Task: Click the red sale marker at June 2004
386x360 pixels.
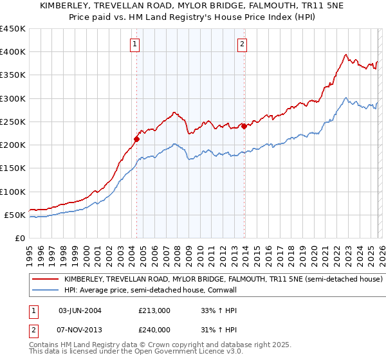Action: pyautogui.click(x=136, y=138)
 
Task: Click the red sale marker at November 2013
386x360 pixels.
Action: pyautogui.click(x=244, y=126)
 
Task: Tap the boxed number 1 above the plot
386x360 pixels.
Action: pyautogui.click(x=135, y=44)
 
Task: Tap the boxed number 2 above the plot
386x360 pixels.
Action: pyautogui.click(x=242, y=44)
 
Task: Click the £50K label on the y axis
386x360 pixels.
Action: pyautogui.click(x=15, y=215)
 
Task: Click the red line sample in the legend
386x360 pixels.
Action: pyautogui.click(x=46, y=280)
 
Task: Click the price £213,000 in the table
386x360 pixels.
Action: pyautogui.click(x=154, y=310)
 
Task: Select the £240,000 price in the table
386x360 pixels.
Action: pyautogui.click(x=154, y=330)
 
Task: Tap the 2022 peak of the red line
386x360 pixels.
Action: pyautogui.click(x=346, y=55)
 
